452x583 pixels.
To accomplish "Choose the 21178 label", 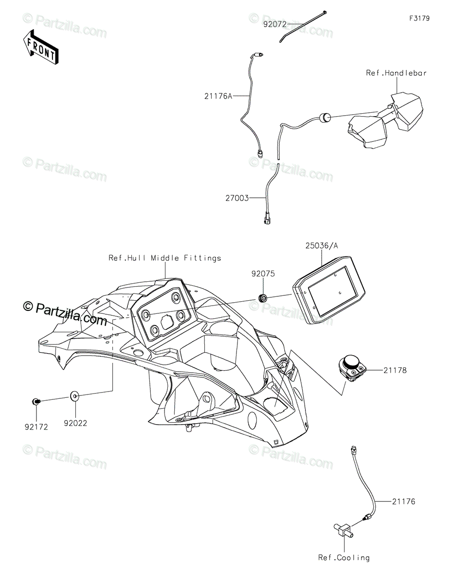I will click(x=395, y=370).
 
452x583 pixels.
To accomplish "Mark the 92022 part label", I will click(x=75, y=423).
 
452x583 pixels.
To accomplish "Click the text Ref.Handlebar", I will click(x=396, y=73).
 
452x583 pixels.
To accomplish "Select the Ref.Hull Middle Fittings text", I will click(x=164, y=258).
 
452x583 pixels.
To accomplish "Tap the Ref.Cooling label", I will click(x=344, y=558).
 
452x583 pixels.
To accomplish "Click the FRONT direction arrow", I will click(x=41, y=48).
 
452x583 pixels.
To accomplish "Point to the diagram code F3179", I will click(x=419, y=18).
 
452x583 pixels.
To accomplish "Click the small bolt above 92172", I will click(x=36, y=401).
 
